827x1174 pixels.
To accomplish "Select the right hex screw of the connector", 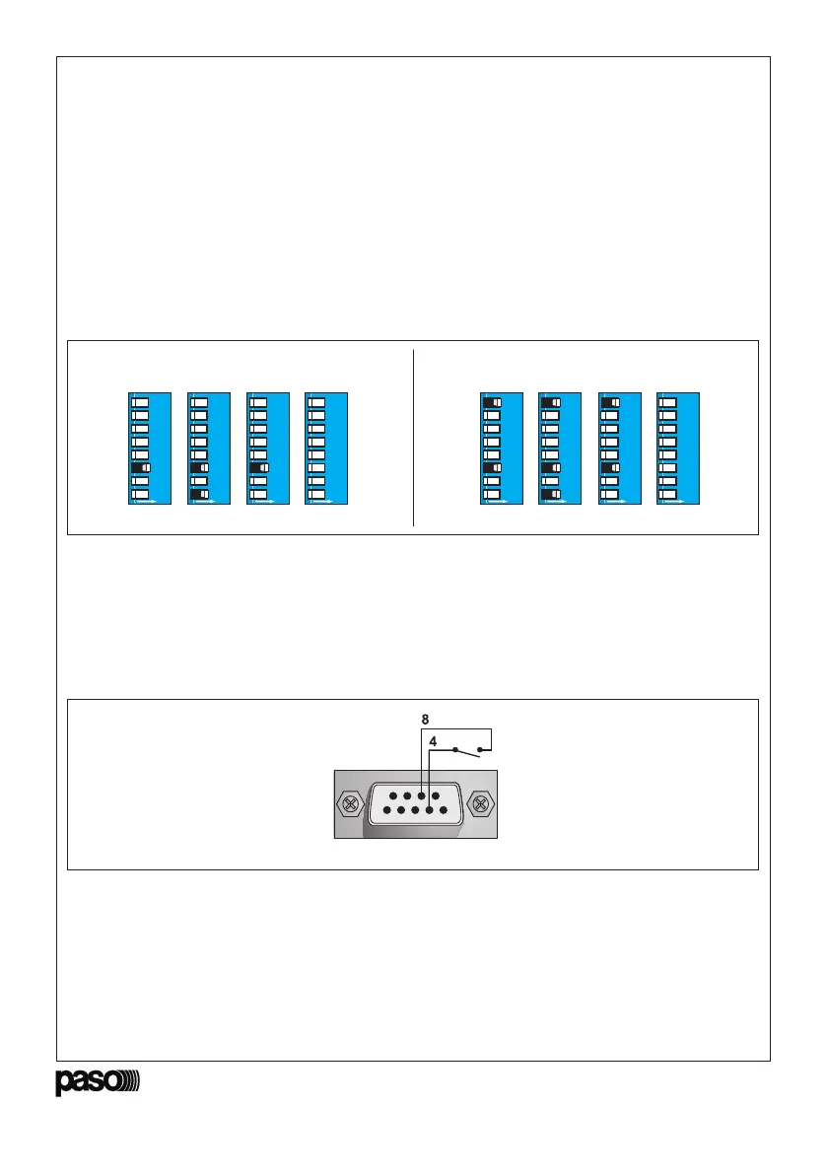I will point(480,803).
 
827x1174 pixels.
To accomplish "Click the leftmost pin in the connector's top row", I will point(391,794).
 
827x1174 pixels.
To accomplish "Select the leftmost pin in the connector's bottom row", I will point(383,813).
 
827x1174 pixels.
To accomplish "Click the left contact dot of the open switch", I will point(454,750).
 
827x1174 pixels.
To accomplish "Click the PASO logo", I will point(98,1081).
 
